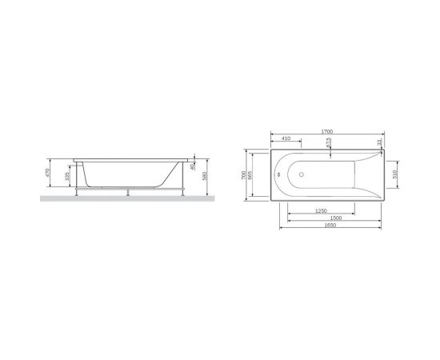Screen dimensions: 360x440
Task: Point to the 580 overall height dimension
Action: [206, 176]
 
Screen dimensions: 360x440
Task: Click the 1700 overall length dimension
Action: [327, 130]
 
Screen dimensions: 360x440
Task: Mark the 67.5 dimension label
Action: [329, 142]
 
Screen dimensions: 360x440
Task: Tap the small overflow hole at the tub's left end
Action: [277, 174]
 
